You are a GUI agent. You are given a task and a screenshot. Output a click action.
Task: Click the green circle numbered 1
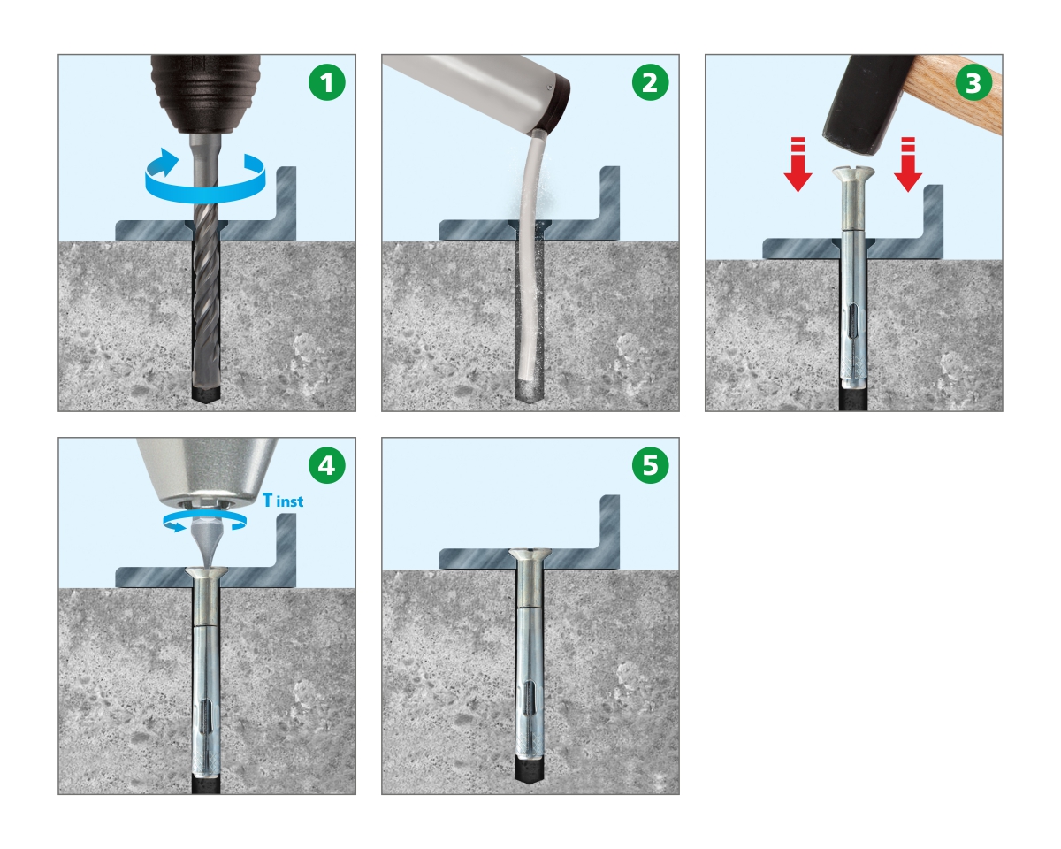pyautogui.click(x=327, y=82)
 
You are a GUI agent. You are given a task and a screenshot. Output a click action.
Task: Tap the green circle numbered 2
pyautogui.click(x=651, y=82)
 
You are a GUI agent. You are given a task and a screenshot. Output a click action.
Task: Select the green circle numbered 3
pyautogui.click(x=973, y=82)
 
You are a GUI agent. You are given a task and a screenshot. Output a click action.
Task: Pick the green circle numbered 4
pyautogui.click(x=327, y=465)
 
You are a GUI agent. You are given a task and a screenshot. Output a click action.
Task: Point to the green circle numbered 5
pyautogui.click(x=651, y=465)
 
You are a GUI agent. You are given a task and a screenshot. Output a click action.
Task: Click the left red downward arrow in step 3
pyautogui.click(x=798, y=164)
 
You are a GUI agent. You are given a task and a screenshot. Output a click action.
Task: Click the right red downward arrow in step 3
pyautogui.click(x=908, y=164)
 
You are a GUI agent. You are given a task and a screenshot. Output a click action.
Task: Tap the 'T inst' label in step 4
pyautogui.click(x=283, y=501)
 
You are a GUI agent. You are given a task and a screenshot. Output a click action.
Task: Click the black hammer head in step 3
pyautogui.click(x=867, y=103)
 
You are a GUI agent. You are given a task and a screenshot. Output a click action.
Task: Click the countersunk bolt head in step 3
pyautogui.click(x=853, y=173)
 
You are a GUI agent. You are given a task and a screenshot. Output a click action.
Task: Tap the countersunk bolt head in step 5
pyautogui.click(x=530, y=555)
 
